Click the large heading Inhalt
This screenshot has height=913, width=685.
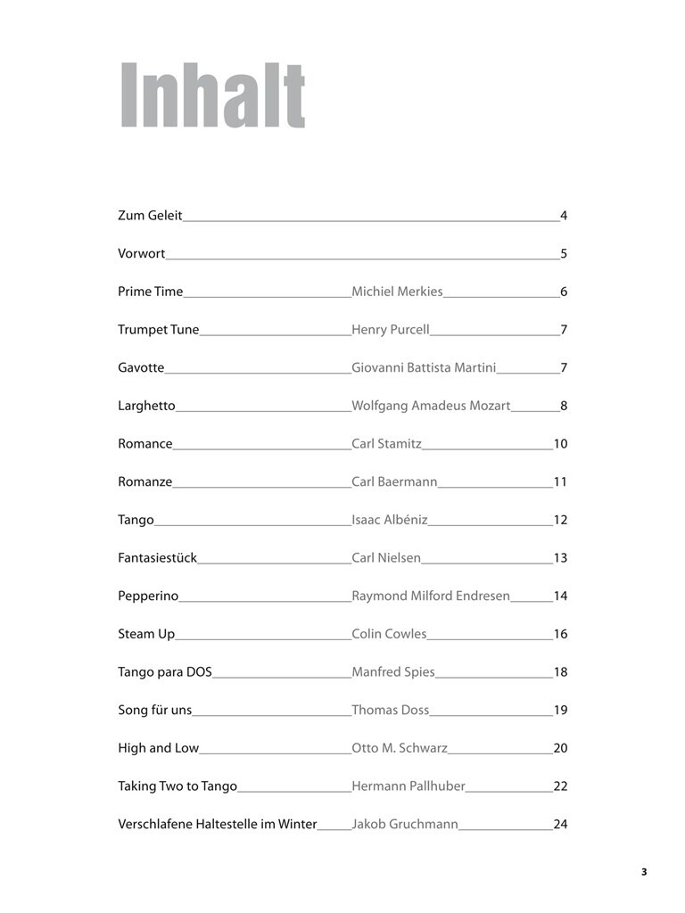coord(213,96)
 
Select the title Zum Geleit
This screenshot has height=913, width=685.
coord(150,216)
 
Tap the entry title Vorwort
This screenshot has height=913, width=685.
coord(142,254)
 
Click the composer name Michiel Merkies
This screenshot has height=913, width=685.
coord(397,292)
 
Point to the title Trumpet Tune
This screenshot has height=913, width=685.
coord(159,330)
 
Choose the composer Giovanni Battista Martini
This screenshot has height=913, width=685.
coord(424,368)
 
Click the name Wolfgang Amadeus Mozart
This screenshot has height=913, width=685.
coord(431,406)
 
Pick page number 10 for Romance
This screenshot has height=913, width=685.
coord(560,444)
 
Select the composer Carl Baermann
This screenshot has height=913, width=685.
coord(394,482)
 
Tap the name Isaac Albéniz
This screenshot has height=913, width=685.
coord(390,520)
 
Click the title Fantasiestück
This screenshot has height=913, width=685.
coord(157,558)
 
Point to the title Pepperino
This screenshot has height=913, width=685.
coord(148,596)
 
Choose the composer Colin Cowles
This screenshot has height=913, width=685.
coord(389,635)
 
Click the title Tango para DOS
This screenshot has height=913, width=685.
coord(165,672)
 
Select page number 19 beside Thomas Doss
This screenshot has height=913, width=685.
coord(560,711)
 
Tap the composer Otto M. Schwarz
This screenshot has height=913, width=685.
coord(400,749)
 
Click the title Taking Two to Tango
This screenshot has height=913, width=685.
coord(177,786)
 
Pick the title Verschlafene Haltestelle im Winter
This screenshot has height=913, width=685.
coord(218,825)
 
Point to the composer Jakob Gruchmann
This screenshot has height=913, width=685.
coord(405,825)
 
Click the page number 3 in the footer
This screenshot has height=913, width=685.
coord(643,872)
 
